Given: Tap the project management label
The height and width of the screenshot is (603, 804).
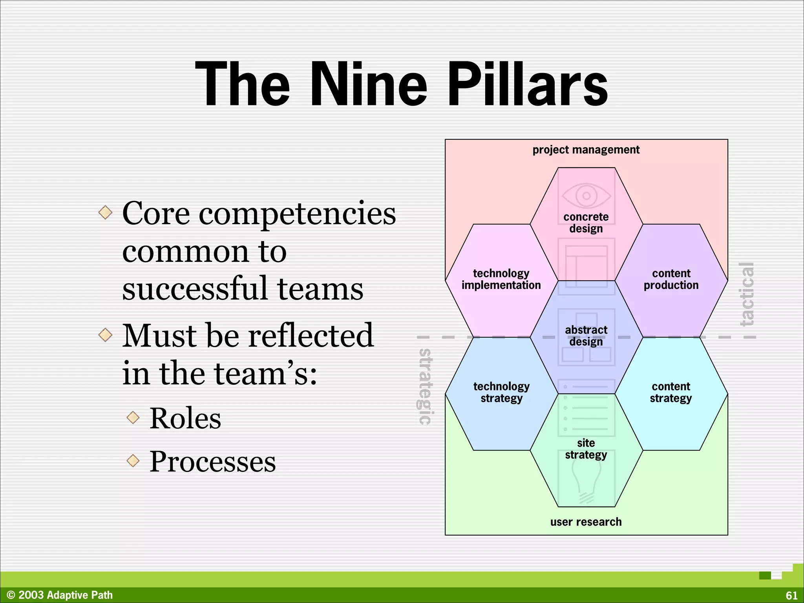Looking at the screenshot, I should click(586, 150).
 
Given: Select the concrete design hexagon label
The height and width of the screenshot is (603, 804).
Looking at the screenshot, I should click(586, 223).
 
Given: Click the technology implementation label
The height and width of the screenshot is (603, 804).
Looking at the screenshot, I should click(501, 279).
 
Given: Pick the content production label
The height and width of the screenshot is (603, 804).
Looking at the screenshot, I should click(671, 279).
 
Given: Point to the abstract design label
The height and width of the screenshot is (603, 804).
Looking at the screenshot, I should click(586, 336).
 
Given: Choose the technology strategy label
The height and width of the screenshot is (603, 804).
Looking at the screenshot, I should click(501, 392).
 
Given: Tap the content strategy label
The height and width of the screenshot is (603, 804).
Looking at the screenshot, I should click(671, 392).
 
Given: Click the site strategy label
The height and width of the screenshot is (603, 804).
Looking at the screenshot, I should click(586, 449).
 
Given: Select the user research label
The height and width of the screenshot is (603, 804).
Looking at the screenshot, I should click(586, 522).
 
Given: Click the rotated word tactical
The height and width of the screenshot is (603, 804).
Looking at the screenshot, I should click(747, 294).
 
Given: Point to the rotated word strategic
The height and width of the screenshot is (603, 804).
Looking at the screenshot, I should click(425, 387).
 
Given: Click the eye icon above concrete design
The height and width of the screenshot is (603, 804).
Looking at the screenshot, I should click(586, 196).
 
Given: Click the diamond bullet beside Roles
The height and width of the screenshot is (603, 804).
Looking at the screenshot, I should click(133, 417).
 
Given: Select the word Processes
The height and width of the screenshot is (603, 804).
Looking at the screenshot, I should click(212, 461).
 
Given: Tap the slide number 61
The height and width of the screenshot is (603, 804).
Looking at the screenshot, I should click(791, 595).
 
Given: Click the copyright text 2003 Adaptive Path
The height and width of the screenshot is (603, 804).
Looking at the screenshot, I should click(60, 595).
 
